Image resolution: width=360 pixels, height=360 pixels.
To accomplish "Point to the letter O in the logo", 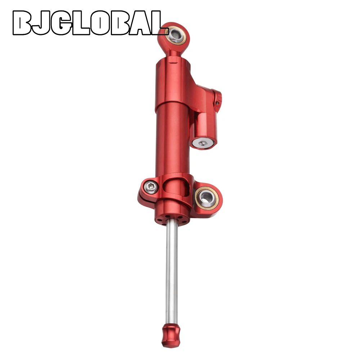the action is pyautogui.click(x=100, y=23).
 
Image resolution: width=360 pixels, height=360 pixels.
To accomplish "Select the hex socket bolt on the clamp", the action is pyautogui.click(x=150, y=186).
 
